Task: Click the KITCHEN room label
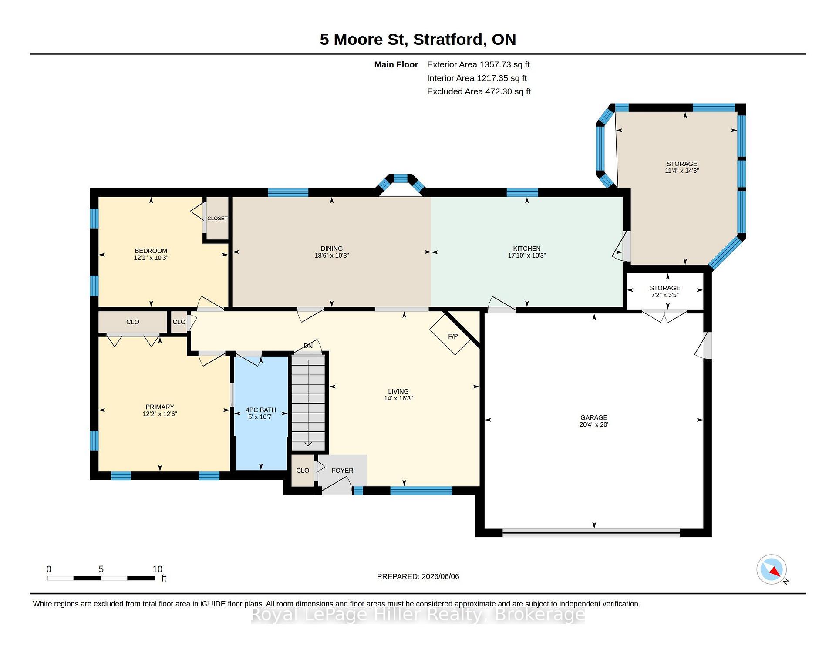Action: tap(526, 249)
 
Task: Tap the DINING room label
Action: tap(332, 249)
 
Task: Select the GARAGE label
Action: tap(593, 417)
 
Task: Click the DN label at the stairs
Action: tap(308, 346)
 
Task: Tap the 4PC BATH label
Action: tap(261, 410)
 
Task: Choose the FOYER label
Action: tap(342, 471)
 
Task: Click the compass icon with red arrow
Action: tap(772, 569)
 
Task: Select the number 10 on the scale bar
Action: tap(157, 569)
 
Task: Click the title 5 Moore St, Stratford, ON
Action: tap(418, 39)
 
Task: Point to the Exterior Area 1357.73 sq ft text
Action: tap(479, 64)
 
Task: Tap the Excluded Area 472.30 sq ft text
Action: tap(479, 91)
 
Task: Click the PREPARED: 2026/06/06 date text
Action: tap(418, 576)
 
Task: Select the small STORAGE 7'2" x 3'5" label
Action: tap(665, 291)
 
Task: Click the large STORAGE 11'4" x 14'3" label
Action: tap(682, 167)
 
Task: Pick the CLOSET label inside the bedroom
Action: tap(217, 218)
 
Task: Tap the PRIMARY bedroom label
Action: tap(160, 407)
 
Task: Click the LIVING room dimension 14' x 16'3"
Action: tap(398, 398)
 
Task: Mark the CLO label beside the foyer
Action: tap(303, 471)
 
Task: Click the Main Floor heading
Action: tap(396, 64)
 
